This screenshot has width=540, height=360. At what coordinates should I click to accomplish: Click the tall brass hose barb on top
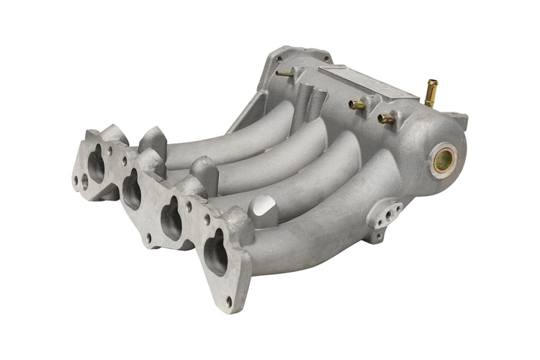point(431,93)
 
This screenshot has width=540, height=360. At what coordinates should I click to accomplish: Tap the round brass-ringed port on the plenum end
point(443,161)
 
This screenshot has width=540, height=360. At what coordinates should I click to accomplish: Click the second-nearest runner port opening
point(171,220)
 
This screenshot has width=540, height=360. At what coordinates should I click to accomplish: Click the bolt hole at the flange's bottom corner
point(229,301)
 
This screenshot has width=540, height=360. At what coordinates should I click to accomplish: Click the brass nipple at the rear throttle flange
point(284,73)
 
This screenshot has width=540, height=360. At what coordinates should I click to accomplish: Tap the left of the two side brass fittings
point(358,105)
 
